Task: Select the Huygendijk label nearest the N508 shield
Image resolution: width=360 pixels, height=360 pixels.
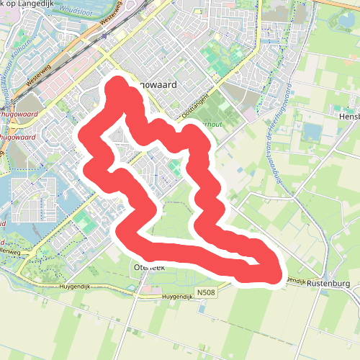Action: point(179,297)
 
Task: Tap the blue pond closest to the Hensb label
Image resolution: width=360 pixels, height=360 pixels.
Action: point(313,132)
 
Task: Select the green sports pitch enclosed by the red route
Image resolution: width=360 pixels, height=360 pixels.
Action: point(175,170)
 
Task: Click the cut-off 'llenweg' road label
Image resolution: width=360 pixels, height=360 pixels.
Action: point(10,251)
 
